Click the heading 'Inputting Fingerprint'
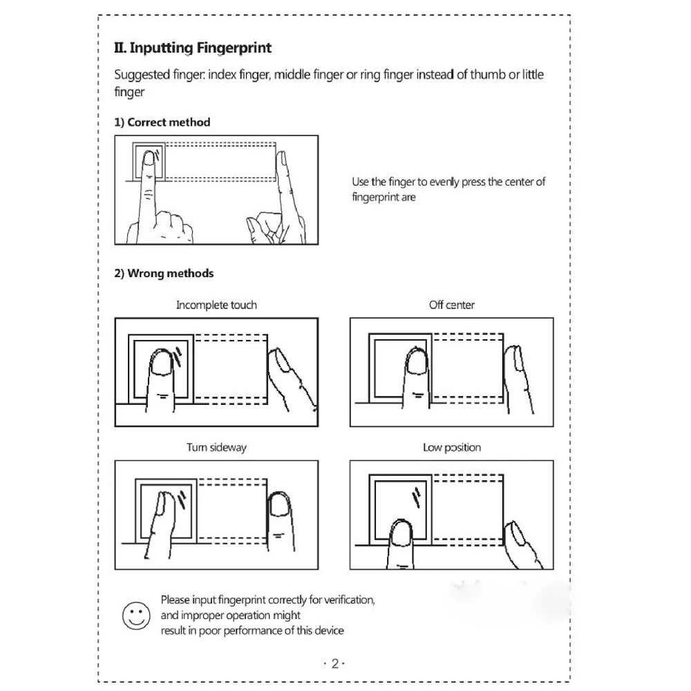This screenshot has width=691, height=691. pyautogui.click(x=200, y=48)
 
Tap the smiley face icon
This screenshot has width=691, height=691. pyautogui.click(x=135, y=614)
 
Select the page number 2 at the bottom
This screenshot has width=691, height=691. pyautogui.click(x=334, y=664)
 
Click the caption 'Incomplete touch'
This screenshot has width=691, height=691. pyautogui.click(x=216, y=305)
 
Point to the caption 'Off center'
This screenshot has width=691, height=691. pyautogui.click(x=451, y=305)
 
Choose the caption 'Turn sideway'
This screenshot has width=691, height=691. pyautogui.click(x=216, y=447)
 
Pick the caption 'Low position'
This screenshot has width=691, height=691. pyautogui.click(x=451, y=447)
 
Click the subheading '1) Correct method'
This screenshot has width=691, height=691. pyautogui.click(x=162, y=122)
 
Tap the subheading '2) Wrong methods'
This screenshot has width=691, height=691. pyautogui.click(x=164, y=273)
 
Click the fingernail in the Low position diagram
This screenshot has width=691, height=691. pyautogui.click(x=401, y=532)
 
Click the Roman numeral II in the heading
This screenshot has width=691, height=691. pyautogui.click(x=119, y=48)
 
